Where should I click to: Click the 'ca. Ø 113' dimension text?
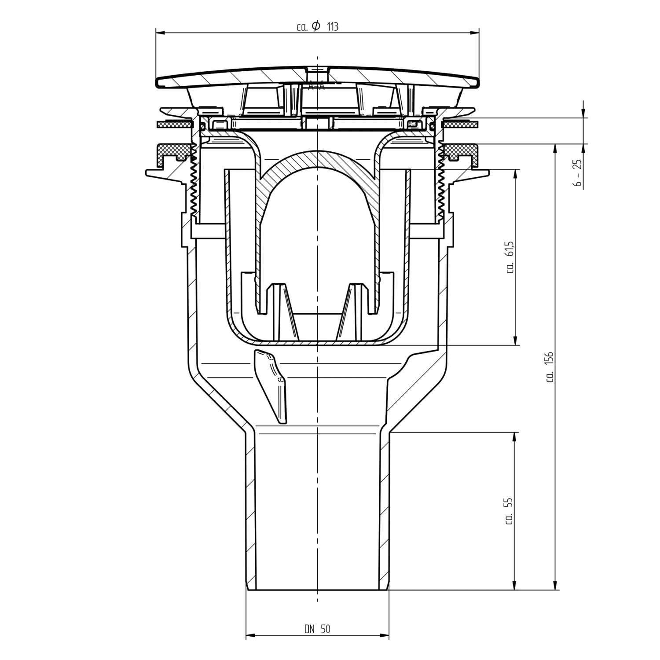318,27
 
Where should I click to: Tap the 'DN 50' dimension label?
317,629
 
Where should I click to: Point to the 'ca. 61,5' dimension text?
510,257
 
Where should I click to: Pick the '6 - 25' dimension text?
578,174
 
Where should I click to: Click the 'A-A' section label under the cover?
316,87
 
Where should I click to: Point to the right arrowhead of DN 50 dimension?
385,635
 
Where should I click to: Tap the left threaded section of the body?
193,180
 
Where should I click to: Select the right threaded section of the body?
441,180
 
